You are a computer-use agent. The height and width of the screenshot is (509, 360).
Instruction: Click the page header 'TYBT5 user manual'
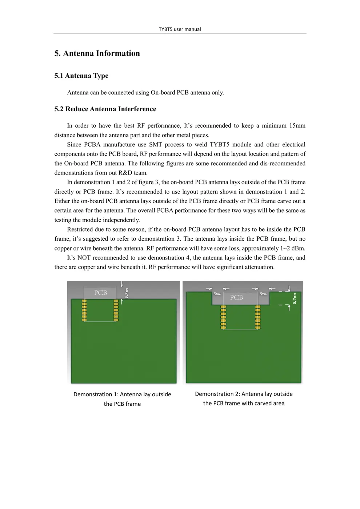(x=180, y=29)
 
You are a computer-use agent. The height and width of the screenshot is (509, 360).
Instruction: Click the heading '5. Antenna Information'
(x=97, y=53)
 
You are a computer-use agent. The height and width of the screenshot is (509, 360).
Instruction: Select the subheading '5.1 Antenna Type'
(x=81, y=76)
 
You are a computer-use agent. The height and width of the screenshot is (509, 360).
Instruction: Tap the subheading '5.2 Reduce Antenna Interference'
(x=105, y=109)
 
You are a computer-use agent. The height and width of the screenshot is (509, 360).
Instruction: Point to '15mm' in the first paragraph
(x=297, y=125)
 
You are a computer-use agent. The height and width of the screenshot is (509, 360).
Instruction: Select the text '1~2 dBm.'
(x=292, y=248)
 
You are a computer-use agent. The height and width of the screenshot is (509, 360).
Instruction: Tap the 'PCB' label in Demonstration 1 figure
(x=100, y=293)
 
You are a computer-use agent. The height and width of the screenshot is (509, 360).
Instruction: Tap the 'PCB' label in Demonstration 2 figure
(x=236, y=297)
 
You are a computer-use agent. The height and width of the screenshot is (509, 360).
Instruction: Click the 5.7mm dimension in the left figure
(x=127, y=293)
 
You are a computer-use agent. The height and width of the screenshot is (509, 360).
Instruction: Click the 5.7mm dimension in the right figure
(x=295, y=298)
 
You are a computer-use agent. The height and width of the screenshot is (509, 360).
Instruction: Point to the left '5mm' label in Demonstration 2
(x=217, y=294)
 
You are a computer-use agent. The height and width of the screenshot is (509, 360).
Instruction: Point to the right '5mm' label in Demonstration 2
(x=263, y=294)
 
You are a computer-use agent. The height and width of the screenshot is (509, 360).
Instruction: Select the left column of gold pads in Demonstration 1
(x=84, y=310)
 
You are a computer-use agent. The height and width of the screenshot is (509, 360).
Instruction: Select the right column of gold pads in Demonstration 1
(x=116, y=310)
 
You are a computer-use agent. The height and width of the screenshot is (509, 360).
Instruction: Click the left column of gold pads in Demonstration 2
(x=223, y=317)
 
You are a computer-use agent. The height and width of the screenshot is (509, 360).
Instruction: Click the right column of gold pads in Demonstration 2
(x=258, y=317)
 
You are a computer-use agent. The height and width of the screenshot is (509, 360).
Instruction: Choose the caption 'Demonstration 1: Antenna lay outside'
(x=122, y=394)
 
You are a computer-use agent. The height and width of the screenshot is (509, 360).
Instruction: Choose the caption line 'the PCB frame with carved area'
(x=244, y=403)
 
